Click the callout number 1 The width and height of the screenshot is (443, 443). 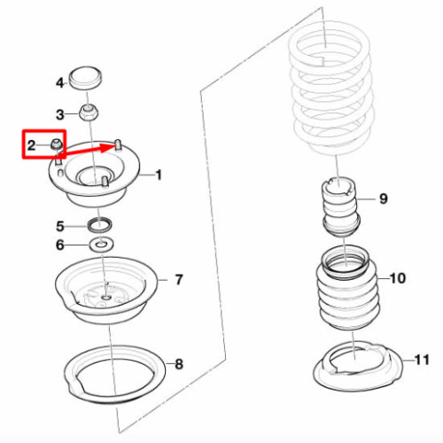(159, 175)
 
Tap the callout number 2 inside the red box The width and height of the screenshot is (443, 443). (31, 145)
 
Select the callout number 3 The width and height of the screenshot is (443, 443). (60, 114)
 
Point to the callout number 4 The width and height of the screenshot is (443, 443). (60, 83)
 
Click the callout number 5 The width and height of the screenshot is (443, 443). (60, 227)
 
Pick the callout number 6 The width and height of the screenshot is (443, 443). (60, 245)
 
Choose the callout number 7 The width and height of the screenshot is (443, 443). (179, 280)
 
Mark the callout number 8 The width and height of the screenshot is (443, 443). (179, 364)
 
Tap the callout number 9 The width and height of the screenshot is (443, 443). (384, 198)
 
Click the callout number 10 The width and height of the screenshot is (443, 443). (398, 278)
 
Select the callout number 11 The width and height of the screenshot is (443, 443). (422, 360)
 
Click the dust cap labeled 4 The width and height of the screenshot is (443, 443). (86, 77)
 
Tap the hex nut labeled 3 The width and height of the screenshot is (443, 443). (89, 113)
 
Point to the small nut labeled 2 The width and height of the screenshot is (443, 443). (56, 144)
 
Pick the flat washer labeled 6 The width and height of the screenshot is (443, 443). (102, 245)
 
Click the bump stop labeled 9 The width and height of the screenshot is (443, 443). (340, 206)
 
